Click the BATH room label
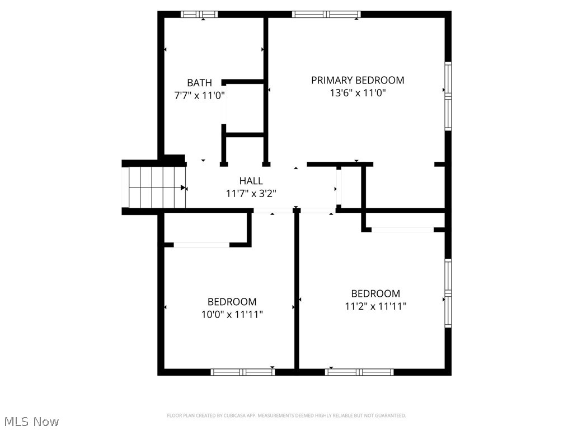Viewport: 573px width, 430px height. click(199, 83)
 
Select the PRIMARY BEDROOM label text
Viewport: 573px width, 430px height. click(358, 80)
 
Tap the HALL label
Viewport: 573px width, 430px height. click(251, 181)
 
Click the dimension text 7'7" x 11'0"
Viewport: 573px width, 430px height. click(199, 95)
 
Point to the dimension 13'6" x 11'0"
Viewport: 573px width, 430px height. click(358, 93)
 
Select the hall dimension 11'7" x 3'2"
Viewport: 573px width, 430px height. click(251, 193)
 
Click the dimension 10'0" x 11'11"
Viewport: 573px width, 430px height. click(232, 314)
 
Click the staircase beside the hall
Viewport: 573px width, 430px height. click(154, 188)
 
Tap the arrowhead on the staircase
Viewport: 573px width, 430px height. click(183, 188)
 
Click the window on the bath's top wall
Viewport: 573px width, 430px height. click(199, 15)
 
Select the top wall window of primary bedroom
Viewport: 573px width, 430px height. click(327, 15)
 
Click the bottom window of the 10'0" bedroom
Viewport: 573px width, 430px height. click(243, 371)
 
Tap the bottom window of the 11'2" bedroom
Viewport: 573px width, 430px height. click(359, 371)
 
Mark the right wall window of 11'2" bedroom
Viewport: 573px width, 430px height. click(448, 293)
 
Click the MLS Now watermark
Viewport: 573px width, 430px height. click(31, 421)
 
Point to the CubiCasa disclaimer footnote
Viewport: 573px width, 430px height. click(286, 415)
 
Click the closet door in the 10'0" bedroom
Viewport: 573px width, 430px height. click(201, 245)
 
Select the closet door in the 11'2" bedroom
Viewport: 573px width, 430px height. click(402, 230)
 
